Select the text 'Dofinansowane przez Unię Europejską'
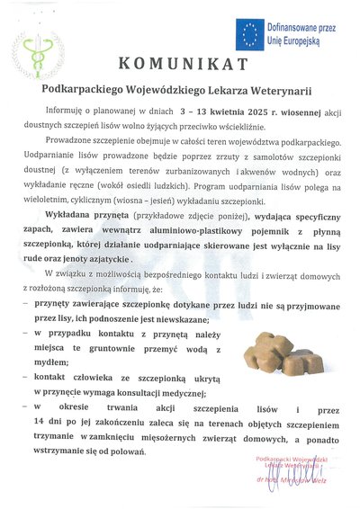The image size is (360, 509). (x=299, y=35)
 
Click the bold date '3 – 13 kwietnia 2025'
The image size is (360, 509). (x=221, y=112)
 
